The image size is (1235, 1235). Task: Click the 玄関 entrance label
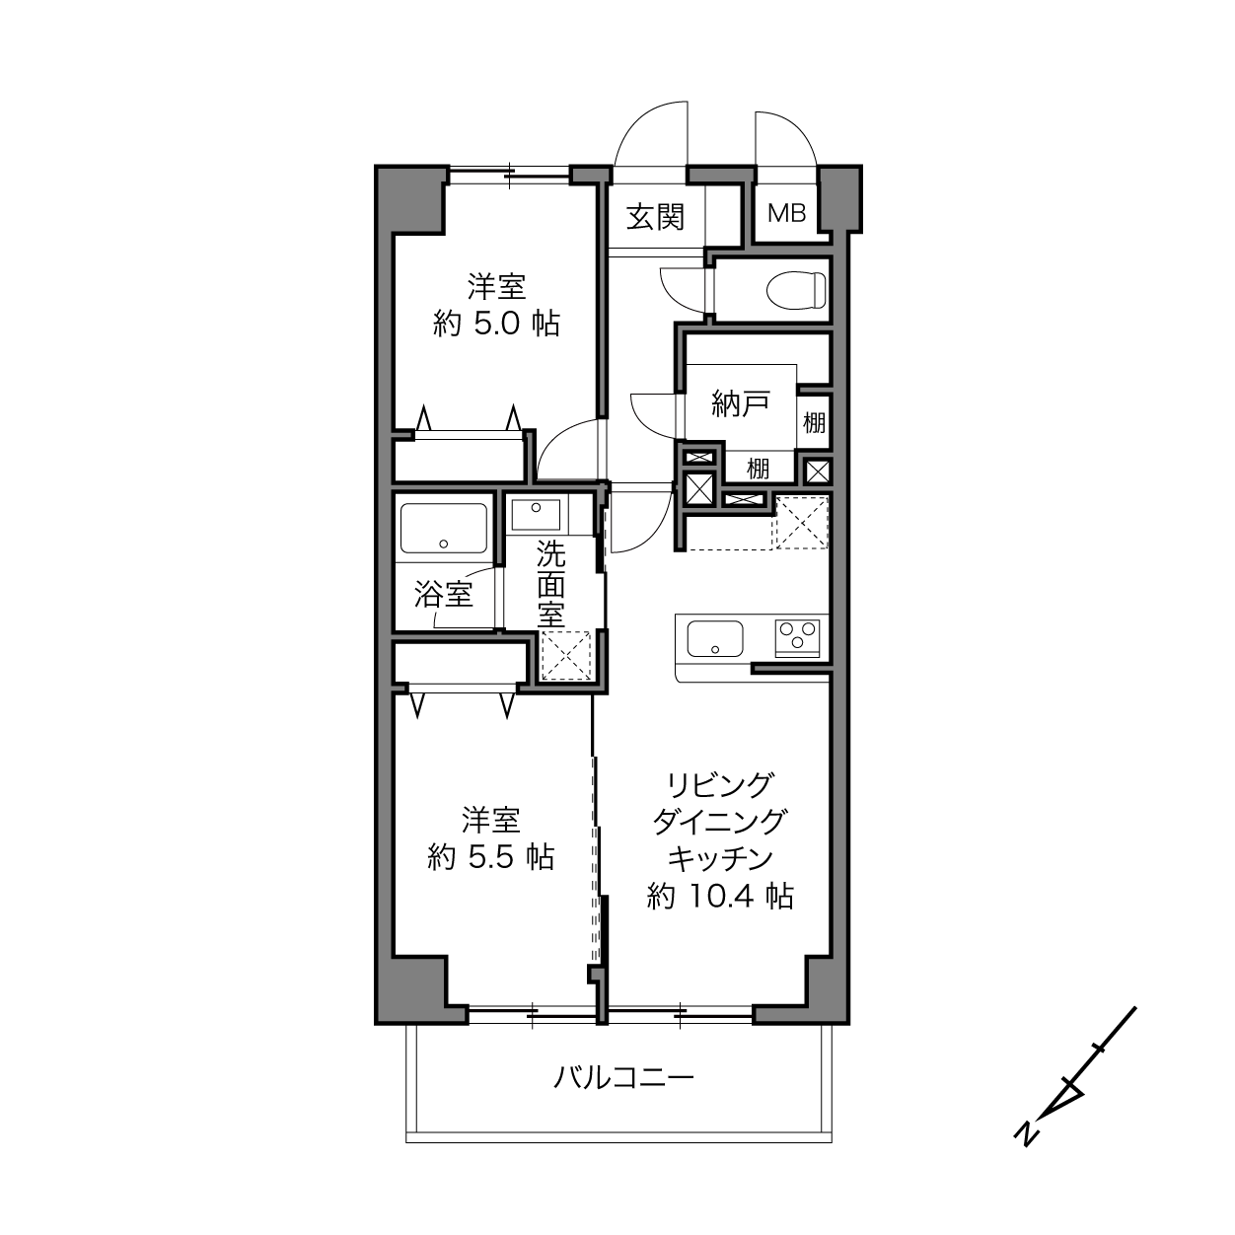(655, 217)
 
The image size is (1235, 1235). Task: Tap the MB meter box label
(786, 213)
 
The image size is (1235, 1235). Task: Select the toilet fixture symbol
(796, 289)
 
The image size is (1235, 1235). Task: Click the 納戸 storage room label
(741, 403)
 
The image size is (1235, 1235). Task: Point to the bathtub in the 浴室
(444, 528)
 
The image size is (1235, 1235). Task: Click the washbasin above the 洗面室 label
(536, 515)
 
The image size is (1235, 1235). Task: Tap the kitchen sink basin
(715, 639)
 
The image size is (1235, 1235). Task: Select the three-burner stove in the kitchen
(797, 637)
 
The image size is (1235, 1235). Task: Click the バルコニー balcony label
(623, 1078)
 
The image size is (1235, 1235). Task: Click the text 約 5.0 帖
(497, 325)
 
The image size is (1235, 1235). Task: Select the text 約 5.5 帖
(491, 857)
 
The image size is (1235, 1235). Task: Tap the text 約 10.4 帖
(720, 896)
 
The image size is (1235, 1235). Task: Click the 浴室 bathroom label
(444, 594)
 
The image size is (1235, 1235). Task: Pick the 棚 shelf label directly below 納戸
(759, 469)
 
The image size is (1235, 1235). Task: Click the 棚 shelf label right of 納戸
(814, 423)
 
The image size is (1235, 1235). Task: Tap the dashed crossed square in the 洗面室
(566, 656)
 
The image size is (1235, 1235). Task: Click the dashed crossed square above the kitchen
(802, 523)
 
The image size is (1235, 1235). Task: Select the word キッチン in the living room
(720, 859)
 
